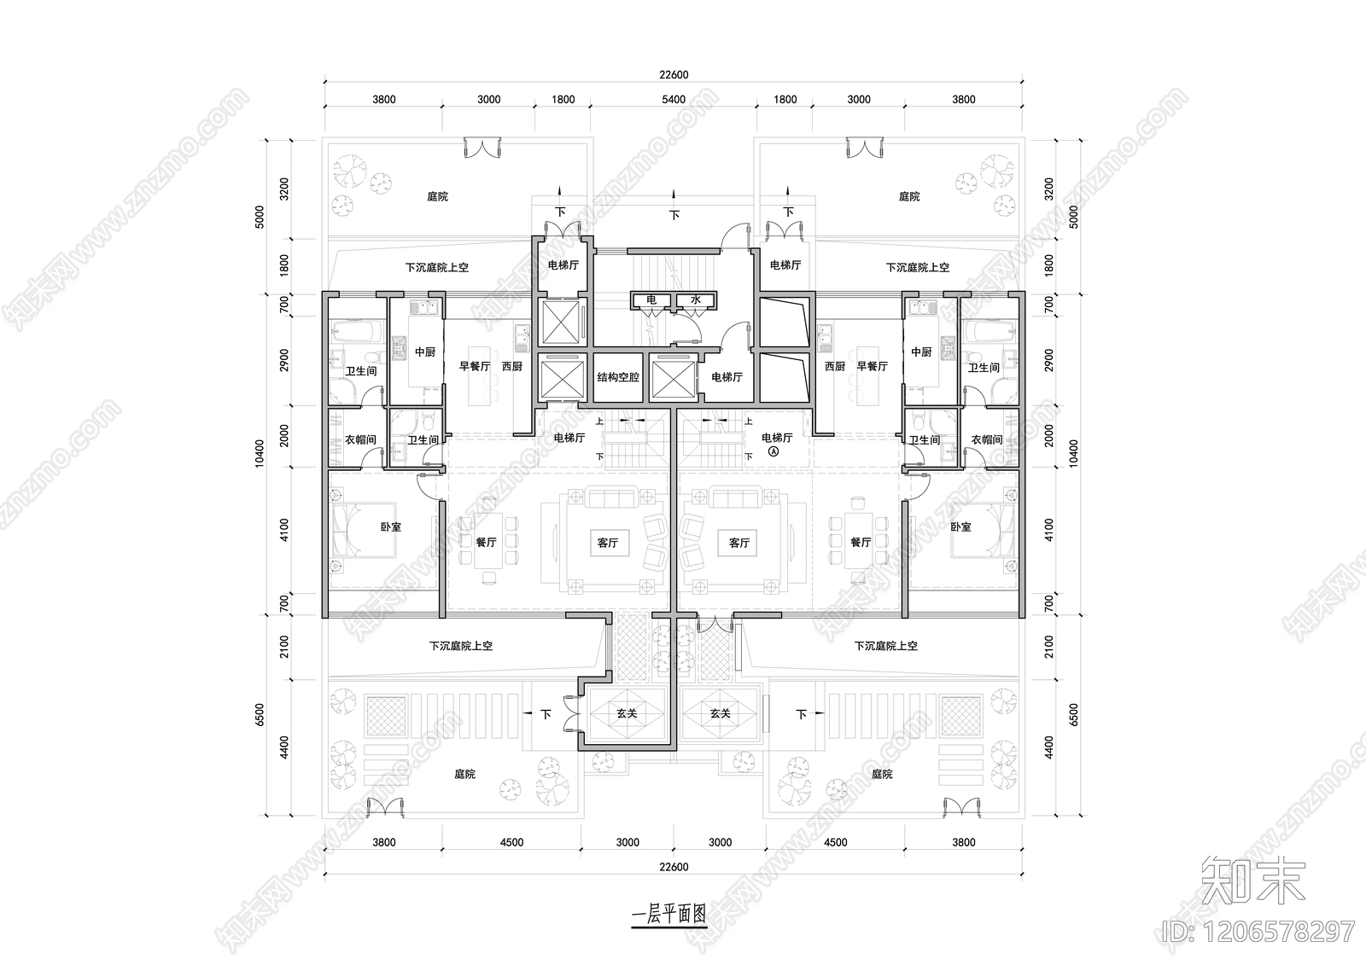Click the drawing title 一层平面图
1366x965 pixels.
[668, 914]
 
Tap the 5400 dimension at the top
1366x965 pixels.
[674, 99]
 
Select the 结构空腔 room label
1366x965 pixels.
[618, 376]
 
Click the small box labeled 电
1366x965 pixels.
[651, 300]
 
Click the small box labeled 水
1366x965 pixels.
[696, 300]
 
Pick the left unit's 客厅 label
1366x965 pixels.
[607, 542]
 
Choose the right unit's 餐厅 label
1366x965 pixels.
[861, 542]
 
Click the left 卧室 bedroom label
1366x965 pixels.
[390, 526]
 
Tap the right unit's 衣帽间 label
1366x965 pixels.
[986, 439]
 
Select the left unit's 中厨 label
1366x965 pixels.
[424, 352]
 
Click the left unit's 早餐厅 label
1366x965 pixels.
[475, 366]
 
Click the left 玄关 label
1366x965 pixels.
[627, 712]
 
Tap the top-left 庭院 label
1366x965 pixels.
[437, 196]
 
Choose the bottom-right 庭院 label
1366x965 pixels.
[882, 774]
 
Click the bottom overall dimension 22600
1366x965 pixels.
[674, 867]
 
